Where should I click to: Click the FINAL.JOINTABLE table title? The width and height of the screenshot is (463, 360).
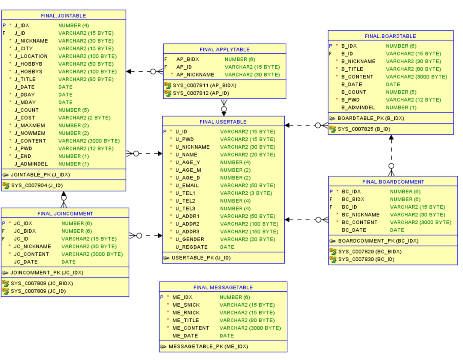click(x=63, y=15)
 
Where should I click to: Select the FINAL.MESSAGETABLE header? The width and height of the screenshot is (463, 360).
click(x=223, y=287)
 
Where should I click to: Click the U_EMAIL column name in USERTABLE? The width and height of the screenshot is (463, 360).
click(x=187, y=186)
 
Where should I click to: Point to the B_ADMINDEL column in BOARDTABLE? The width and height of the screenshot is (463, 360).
click(x=358, y=107)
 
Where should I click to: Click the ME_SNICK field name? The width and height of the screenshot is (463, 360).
click(x=186, y=305)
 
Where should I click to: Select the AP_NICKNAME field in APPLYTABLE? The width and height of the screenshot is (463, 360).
click(x=195, y=75)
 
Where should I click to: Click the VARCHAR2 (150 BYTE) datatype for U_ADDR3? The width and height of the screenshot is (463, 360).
click(x=249, y=232)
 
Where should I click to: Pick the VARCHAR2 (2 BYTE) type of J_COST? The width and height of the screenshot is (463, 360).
click(x=84, y=118)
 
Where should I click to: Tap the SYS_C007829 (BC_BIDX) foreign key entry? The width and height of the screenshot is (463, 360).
click(x=370, y=252)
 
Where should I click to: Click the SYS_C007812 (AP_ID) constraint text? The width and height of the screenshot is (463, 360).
click(x=201, y=93)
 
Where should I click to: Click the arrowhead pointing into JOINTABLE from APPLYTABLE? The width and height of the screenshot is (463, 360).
click(x=129, y=72)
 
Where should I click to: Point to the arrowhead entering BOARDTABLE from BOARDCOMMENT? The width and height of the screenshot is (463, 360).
click(x=391, y=138)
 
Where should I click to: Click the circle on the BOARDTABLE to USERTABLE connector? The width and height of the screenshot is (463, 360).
click(x=318, y=125)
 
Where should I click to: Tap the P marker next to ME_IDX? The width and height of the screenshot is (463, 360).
click(x=162, y=297)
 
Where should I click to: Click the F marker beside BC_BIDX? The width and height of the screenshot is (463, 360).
click(x=331, y=199)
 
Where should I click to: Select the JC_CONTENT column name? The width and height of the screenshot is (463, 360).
click(x=31, y=254)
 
